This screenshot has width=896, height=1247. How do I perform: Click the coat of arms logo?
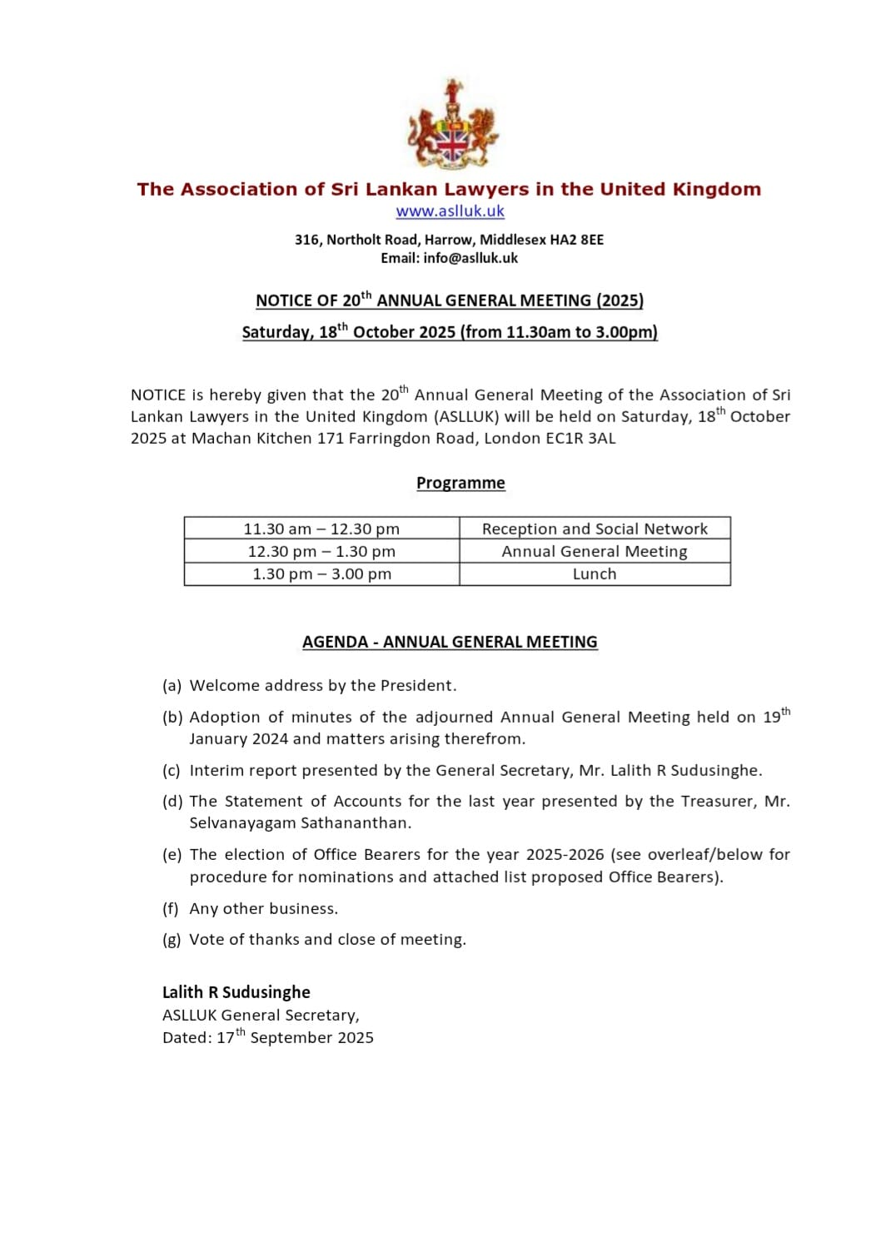pos(452,125)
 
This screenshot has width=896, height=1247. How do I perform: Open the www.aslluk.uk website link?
pos(450,211)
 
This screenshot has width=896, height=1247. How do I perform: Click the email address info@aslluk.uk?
pos(470,258)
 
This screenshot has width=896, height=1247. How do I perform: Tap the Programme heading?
pos(460,483)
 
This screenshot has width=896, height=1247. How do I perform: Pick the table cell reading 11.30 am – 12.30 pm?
pos(321,529)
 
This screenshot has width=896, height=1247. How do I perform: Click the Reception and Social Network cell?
pos(595,529)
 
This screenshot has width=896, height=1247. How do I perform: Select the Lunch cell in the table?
pos(595,574)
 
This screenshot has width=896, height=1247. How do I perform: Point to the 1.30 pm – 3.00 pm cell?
pos(321,574)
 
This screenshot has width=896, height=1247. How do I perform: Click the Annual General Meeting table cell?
pos(595,551)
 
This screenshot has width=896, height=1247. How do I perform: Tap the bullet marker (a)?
pos(172,686)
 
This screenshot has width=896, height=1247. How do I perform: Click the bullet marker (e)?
pos(172,855)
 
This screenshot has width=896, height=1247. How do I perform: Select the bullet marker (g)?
pos(172,940)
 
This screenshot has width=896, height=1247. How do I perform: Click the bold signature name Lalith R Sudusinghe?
pos(236,992)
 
